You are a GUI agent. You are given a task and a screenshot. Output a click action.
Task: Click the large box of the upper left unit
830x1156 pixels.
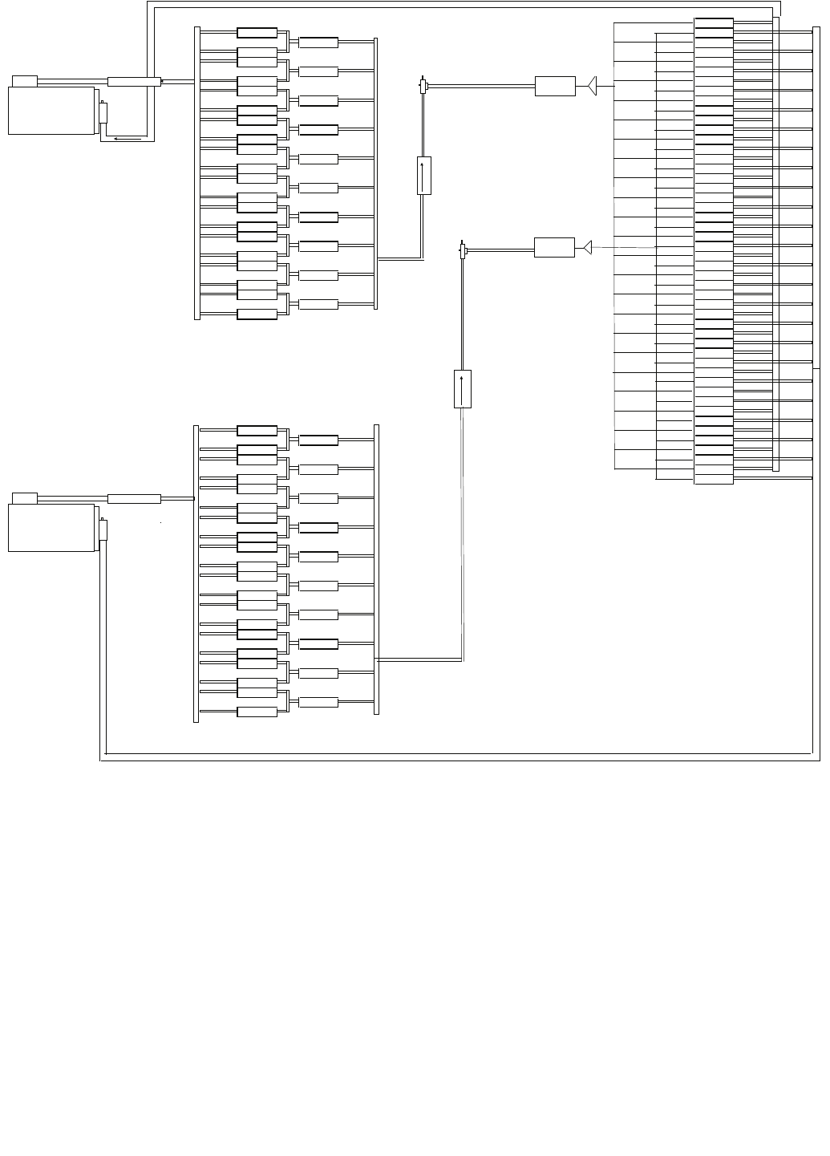coord(51,111)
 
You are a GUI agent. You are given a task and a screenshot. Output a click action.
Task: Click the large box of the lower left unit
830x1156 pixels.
coord(51,528)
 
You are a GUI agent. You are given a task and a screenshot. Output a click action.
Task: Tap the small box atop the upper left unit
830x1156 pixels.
coord(25,80)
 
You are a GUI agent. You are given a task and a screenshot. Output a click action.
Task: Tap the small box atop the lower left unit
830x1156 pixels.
coord(25,497)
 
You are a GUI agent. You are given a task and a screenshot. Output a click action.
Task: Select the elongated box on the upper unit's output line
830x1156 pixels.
coord(134,81)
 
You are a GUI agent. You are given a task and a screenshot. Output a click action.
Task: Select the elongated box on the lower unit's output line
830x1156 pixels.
coord(134,499)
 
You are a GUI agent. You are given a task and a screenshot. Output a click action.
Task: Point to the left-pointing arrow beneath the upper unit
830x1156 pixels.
coord(128,138)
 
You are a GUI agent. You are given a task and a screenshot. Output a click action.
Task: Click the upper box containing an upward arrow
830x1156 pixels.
coord(424,175)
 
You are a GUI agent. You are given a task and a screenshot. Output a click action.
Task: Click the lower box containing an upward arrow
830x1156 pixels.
coord(463,389)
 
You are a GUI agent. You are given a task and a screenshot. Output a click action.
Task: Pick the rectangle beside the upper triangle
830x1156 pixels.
coord(555,86)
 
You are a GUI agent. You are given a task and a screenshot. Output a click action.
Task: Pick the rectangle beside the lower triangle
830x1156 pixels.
coord(554,247)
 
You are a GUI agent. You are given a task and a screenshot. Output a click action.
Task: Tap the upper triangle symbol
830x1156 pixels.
coord(593,85)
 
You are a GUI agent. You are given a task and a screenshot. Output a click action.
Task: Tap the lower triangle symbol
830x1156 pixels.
coord(588,247)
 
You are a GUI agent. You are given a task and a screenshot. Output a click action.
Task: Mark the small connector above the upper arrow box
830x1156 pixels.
coord(423,85)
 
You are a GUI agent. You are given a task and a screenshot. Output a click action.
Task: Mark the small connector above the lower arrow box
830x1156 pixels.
coord(463,252)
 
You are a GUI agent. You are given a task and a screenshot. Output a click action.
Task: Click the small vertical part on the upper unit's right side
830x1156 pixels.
coord(103,112)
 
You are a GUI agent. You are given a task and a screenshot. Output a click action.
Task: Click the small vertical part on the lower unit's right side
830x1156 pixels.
coord(103,529)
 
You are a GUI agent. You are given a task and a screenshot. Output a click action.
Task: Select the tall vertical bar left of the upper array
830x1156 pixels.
coord(197,173)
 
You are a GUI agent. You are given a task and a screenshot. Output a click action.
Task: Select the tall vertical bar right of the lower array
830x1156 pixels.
coord(376,569)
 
